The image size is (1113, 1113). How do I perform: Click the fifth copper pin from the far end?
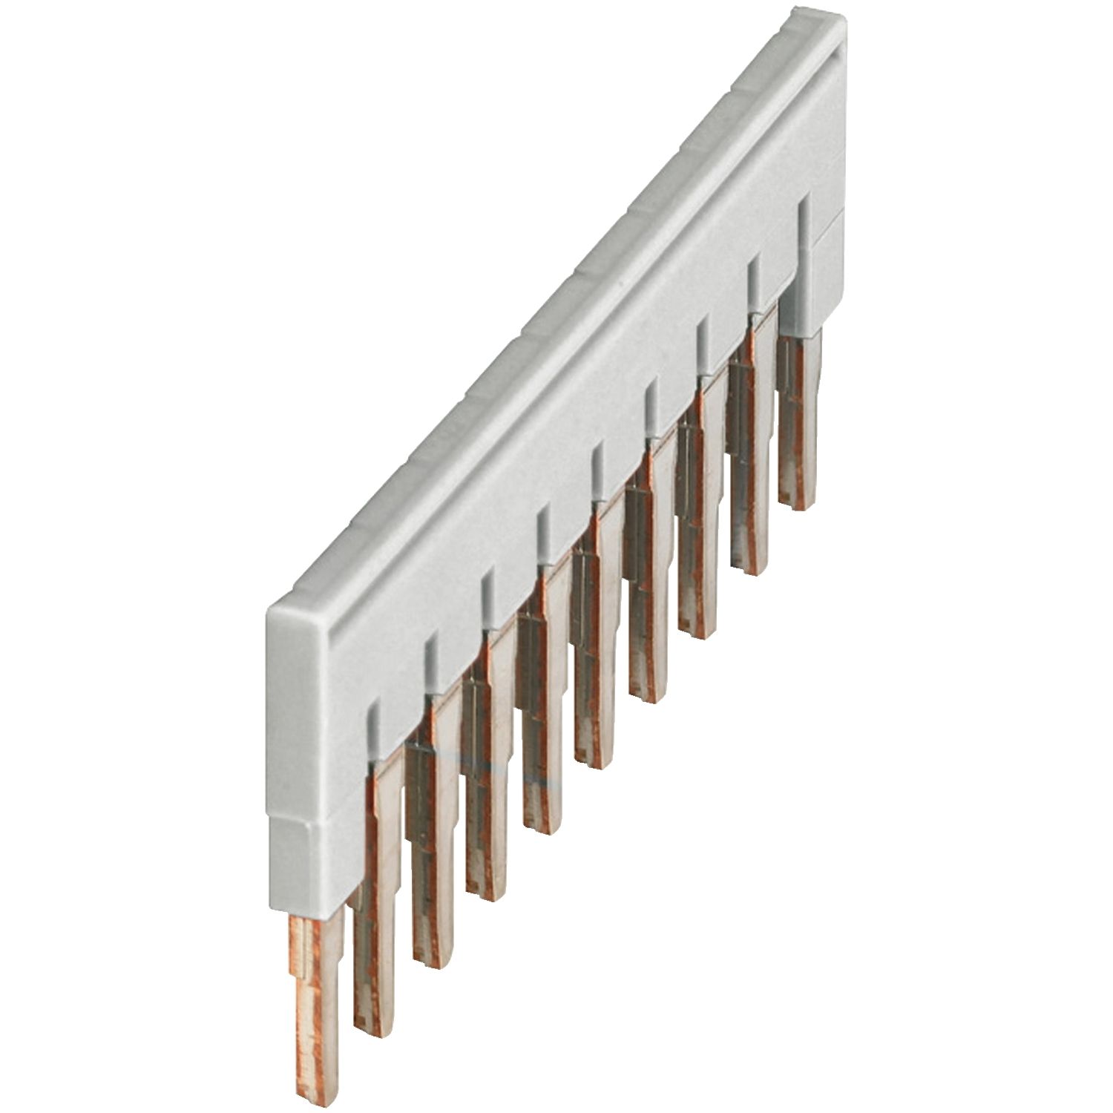(x=594, y=712)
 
